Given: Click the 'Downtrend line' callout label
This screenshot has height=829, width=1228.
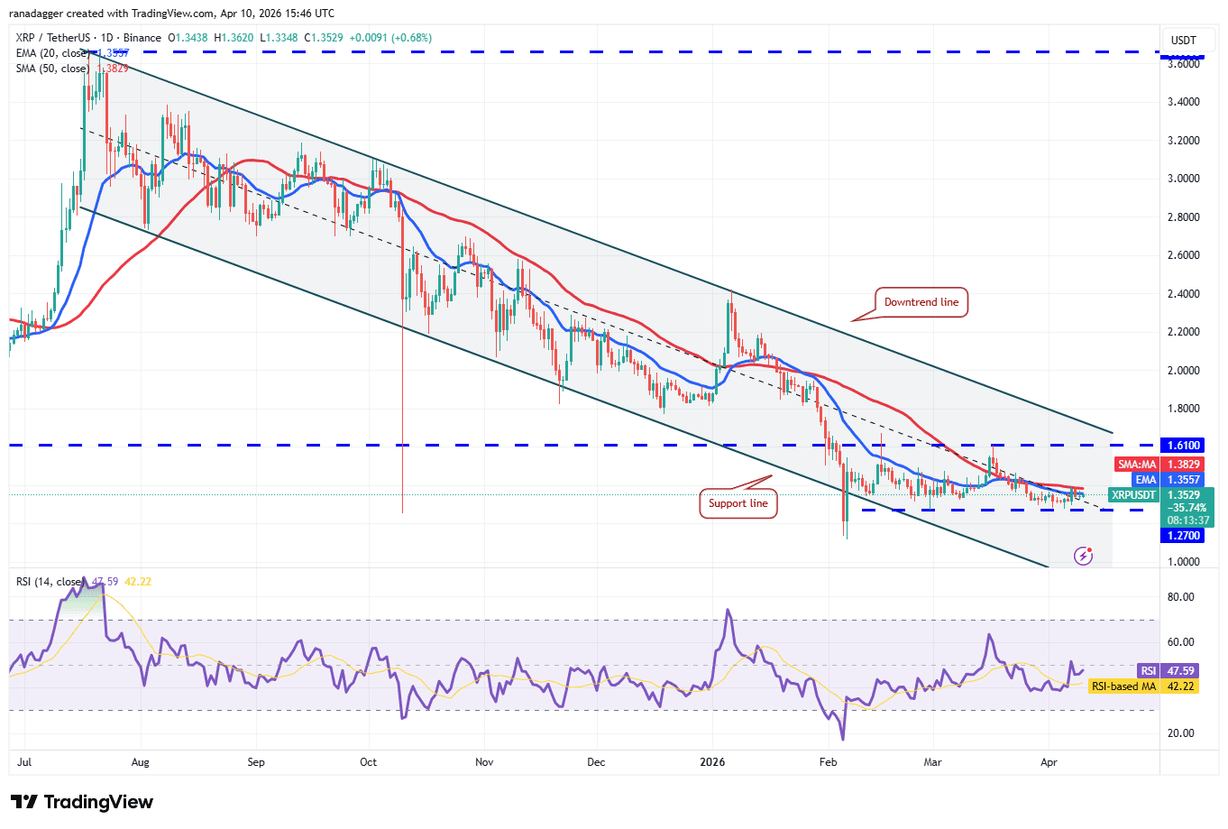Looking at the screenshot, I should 921,302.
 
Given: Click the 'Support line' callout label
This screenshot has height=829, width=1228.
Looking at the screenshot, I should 738,503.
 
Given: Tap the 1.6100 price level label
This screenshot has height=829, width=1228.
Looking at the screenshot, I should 1183,446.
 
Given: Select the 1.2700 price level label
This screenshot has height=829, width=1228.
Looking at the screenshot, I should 1183,536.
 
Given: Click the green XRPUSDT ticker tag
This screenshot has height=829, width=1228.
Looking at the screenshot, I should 1132,495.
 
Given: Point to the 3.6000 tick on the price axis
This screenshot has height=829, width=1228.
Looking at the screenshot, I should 1183,63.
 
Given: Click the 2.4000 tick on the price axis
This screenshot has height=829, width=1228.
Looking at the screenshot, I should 1183,294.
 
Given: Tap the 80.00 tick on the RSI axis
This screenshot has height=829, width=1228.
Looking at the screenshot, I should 1180,597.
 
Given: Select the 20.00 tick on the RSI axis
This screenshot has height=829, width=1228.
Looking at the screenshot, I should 1180,733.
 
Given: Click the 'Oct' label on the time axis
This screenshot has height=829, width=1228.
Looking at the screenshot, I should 368,762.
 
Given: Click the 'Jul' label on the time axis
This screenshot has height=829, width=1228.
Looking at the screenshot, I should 24,762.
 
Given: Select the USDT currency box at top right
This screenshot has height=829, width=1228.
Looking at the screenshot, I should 1183,40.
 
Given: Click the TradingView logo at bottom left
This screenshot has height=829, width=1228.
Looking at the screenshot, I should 82,802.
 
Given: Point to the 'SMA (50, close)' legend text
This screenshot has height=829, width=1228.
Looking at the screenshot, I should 52,69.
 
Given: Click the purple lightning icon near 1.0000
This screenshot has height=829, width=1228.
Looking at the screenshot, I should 1084,556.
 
